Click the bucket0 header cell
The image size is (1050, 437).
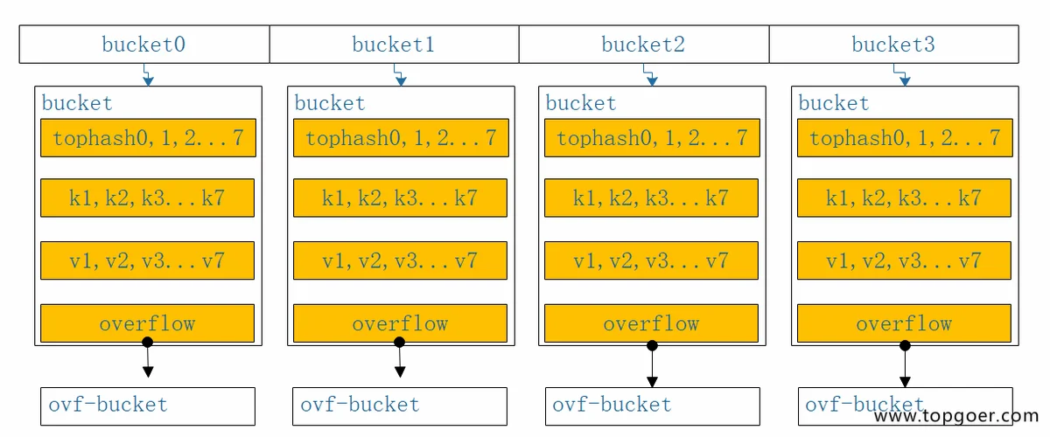click(144, 44)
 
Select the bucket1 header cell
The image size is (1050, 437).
click(395, 44)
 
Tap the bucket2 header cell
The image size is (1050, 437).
click(644, 44)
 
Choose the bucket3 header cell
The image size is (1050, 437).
click(894, 44)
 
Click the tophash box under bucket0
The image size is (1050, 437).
click(148, 138)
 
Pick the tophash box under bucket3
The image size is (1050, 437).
click(905, 138)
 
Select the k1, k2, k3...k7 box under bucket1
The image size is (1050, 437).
click(401, 198)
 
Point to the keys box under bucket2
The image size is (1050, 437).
click(651, 198)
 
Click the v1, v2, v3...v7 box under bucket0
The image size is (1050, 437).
click(148, 260)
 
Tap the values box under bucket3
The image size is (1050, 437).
click(904, 260)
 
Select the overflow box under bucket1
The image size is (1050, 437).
click(401, 323)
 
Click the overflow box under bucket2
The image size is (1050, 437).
click(651, 323)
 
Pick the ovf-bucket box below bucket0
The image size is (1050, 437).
click(148, 406)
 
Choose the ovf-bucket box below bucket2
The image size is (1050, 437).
click(653, 406)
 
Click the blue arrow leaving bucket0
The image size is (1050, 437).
click(148, 75)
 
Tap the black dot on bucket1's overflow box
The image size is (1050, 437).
click(399, 343)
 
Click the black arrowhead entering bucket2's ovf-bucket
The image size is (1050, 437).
click(652, 382)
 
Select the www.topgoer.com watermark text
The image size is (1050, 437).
click(956, 416)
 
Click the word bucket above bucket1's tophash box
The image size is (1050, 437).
click(330, 103)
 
